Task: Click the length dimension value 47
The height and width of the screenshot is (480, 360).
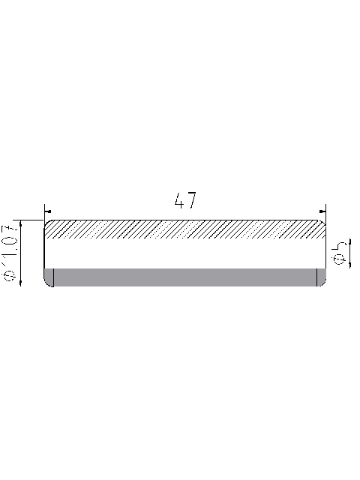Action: (185, 201)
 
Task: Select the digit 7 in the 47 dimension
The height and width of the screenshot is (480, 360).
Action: (191, 201)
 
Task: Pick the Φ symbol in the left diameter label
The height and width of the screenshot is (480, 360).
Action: (10, 277)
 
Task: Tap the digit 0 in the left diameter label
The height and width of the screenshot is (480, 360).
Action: (10, 244)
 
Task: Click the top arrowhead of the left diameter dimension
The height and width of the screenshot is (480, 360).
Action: (20, 223)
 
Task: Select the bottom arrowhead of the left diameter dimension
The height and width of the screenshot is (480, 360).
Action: (20, 283)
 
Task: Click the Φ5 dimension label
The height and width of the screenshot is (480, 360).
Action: (340, 251)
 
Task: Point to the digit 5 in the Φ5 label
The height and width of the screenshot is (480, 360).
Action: (340, 245)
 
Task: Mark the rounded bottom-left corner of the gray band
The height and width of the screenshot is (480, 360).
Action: (48, 283)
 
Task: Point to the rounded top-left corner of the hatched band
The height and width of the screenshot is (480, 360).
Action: (47, 222)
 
